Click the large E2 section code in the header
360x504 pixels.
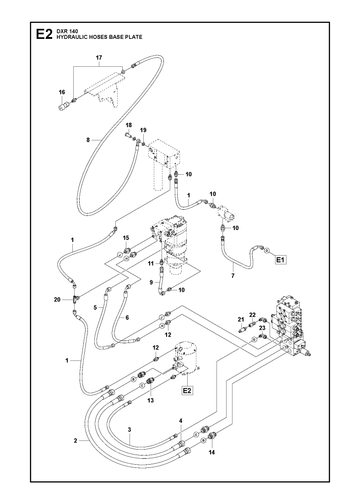tap(44, 34)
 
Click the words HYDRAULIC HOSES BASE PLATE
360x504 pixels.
tap(99, 37)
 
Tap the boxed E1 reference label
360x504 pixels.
tap(280, 259)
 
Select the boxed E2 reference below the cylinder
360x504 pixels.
tap(187, 390)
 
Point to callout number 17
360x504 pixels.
tap(99, 58)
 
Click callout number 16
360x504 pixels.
tap(62, 92)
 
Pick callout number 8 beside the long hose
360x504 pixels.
tap(88, 140)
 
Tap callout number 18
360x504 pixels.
tap(129, 125)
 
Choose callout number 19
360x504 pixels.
tap(143, 130)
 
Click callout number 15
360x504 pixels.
tap(126, 238)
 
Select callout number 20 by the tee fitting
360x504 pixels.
tap(57, 300)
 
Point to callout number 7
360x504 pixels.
tap(233, 276)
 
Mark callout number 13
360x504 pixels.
tap(151, 400)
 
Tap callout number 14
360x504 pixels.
tap(212, 452)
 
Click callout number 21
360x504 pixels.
tap(241, 319)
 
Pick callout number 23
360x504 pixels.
tap(262, 327)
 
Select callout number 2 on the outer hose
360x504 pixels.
tap(76, 441)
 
